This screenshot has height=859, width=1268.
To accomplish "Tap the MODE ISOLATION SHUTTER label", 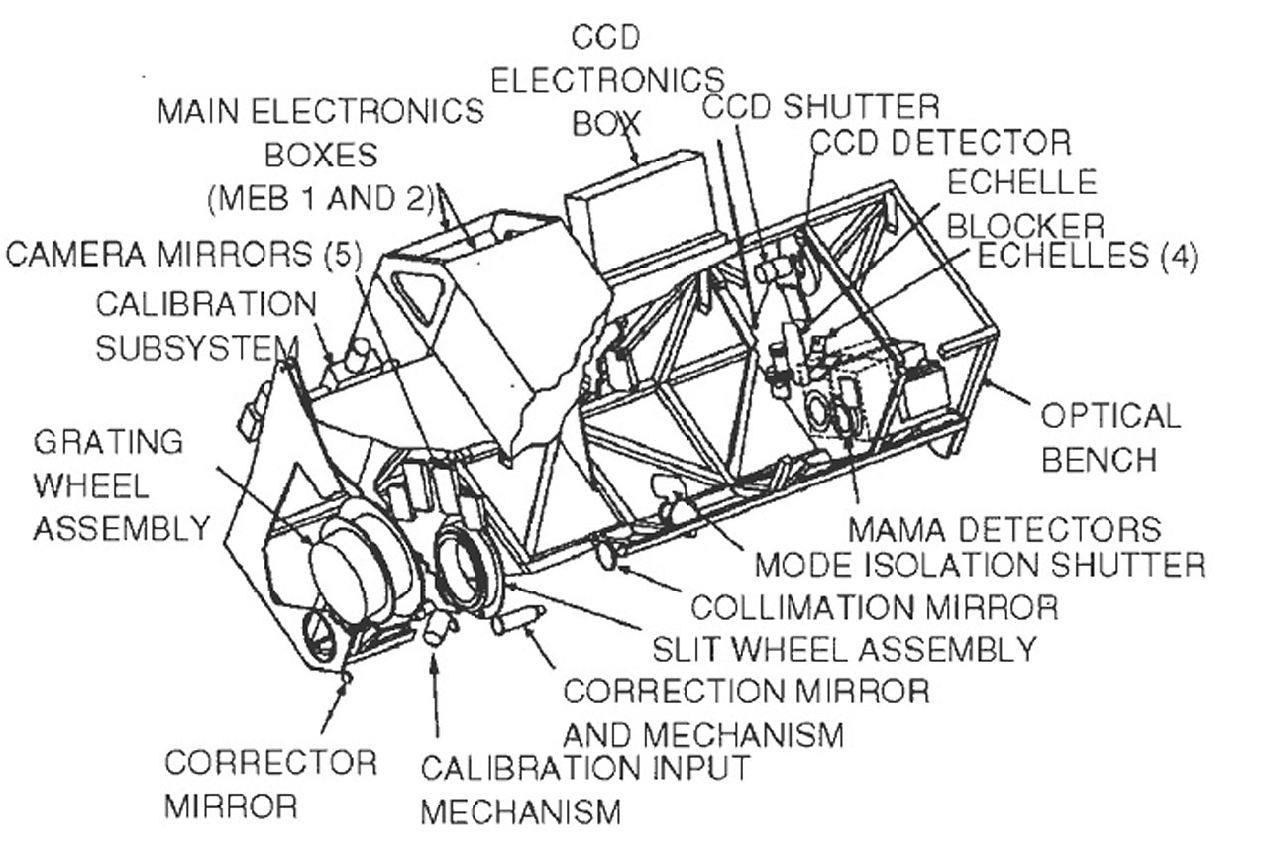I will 979,565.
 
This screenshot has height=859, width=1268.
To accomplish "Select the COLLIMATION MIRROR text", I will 873,606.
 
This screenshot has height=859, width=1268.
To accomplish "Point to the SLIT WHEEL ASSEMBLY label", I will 843,649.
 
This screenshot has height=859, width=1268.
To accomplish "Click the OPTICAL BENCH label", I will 1109,437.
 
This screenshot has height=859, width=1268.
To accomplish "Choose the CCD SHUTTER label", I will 820,105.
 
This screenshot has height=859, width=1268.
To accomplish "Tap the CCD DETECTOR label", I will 939,143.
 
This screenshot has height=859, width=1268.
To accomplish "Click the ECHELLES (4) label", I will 1087,256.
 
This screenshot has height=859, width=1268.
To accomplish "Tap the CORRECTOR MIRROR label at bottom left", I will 269,783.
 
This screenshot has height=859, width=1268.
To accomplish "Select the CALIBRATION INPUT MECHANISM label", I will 584,789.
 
